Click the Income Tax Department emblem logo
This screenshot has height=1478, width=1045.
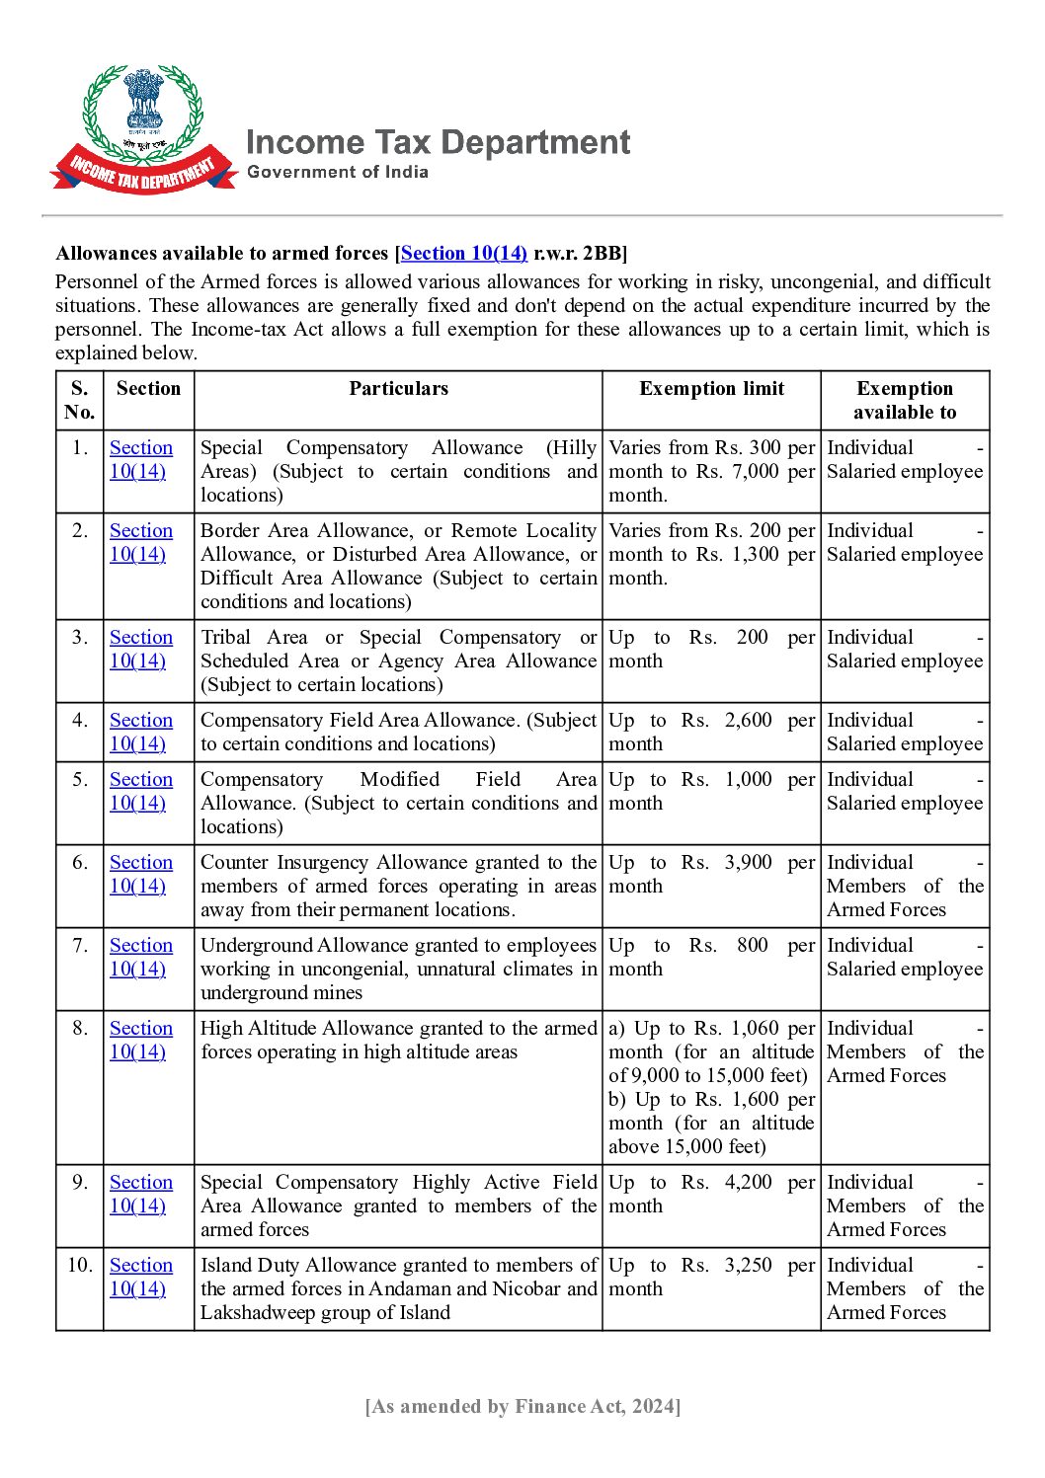(144, 128)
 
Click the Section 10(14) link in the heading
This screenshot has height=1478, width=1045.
(464, 253)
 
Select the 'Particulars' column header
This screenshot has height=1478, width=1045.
(398, 389)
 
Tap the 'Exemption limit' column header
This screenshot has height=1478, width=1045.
(711, 389)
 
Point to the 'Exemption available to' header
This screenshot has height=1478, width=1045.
(905, 400)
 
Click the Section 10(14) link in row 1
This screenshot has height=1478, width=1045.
(140, 459)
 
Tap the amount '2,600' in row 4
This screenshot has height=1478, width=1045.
(749, 721)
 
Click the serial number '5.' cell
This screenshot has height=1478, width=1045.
(80, 780)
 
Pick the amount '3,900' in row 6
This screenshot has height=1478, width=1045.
(749, 863)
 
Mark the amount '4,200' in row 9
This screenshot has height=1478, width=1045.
(749, 1183)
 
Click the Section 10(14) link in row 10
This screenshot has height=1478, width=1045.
(140, 1277)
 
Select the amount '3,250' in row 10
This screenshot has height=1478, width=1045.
(749, 1266)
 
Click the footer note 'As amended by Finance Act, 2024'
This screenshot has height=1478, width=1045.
(522, 1407)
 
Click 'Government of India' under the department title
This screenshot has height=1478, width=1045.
(338, 172)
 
